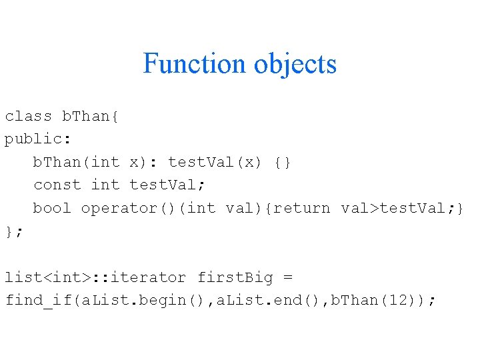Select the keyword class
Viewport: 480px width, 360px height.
click(x=29, y=116)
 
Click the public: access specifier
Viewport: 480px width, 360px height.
click(x=38, y=139)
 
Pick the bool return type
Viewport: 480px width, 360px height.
click(x=52, y=208)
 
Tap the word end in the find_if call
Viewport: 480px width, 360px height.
click(x=275, y=300)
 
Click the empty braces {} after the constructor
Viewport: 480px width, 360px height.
click(x=283, y=162)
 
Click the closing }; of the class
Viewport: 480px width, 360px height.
click(x=14, y=231)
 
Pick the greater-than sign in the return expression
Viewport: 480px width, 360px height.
click(x=374, y=208)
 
